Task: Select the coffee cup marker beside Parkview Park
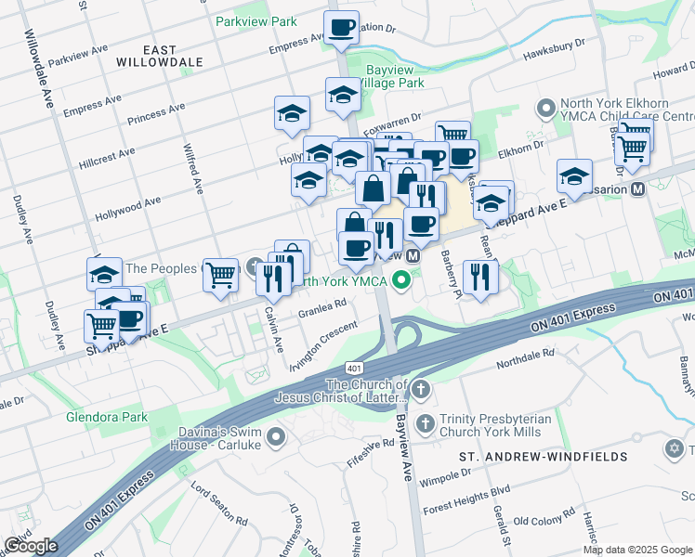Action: (341, 27)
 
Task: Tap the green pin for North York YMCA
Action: (402, 278)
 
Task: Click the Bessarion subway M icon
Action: (638, 188)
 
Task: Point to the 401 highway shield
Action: (354, 368)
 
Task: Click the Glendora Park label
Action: (107, 417)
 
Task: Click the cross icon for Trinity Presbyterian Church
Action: (426, 424)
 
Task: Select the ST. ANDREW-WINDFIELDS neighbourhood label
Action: (544, 457)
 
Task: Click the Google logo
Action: (31, 545)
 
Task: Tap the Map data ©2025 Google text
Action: (637, 550)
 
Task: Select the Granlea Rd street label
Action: (322, 305)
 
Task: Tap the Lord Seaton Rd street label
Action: (219, 502)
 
